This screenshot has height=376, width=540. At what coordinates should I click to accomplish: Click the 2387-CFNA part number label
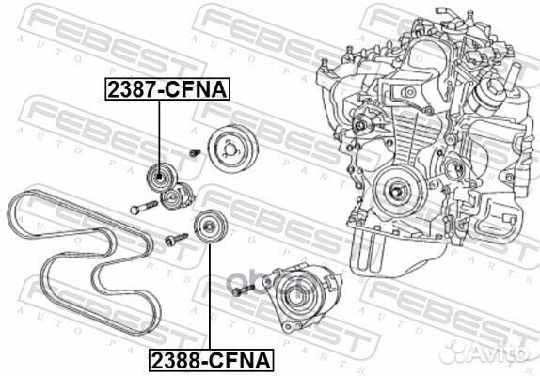point(161,90)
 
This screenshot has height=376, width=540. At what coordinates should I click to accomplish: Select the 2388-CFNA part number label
point(207,359)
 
